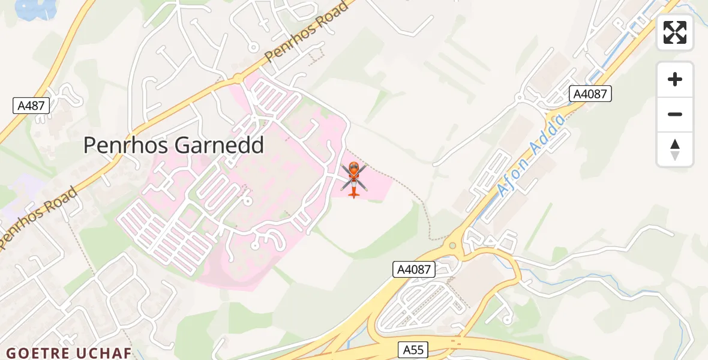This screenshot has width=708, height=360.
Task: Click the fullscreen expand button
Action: tap(675, 32)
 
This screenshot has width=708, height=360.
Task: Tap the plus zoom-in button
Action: tap(675, 79)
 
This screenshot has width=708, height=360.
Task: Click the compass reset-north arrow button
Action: tap(675, 149)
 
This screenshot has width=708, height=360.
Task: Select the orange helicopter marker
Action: tap(354, 178)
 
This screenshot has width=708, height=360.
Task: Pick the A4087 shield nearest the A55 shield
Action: tap(414, 269)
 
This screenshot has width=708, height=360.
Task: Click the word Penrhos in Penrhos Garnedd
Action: tap(125, 145)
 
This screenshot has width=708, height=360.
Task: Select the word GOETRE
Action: tap(37, 353)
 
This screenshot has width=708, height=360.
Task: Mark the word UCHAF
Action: tap(104, 353)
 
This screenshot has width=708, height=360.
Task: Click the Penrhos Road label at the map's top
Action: tap(307, 31)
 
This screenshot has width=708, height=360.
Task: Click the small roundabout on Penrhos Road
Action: tap(238, 79)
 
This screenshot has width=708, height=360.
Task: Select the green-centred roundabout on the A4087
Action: tap(452, 245)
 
